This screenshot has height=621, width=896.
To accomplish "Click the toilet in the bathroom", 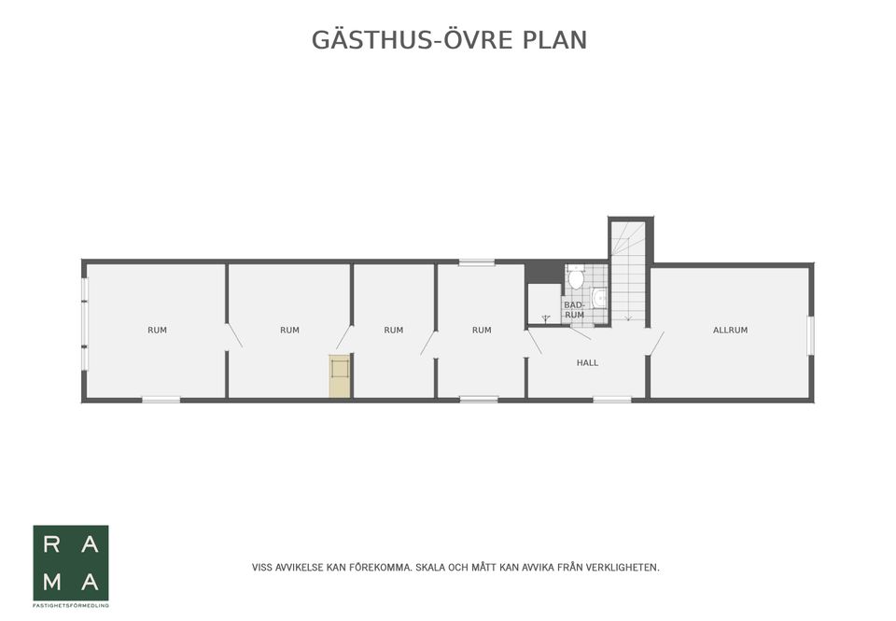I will pos(576,277).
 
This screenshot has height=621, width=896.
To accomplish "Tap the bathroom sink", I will pos(599,297).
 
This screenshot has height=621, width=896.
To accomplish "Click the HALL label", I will pos(587,362).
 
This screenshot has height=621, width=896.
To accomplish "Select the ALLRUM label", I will pos(730,330).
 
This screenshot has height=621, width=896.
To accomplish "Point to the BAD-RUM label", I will pos(574,310).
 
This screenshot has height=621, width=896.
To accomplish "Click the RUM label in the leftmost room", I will pos(157,330).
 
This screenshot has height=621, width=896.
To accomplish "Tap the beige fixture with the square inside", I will pos(340,375).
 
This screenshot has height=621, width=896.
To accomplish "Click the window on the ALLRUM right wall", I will pos(810,335).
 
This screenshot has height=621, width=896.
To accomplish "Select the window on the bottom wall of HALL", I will pos(611,400).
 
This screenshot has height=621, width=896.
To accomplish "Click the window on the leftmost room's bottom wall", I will pos(161,400).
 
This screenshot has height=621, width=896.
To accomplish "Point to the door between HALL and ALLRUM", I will pos(656,343).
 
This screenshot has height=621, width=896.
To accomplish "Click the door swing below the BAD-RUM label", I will pos(580,332).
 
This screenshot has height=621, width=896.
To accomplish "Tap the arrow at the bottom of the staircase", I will pos(628,318).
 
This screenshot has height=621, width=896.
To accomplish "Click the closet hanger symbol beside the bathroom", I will pos(545,318).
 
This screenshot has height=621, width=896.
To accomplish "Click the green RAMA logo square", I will pos(71,562).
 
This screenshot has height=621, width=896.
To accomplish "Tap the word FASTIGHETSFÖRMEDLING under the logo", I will pos(71,606).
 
